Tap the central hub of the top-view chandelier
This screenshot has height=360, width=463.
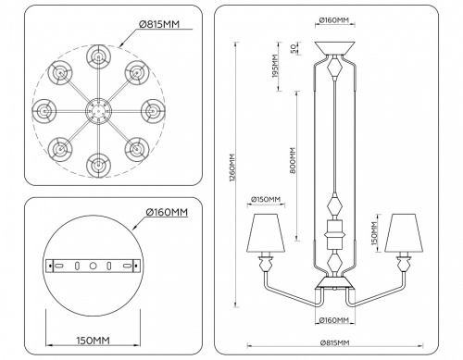(x=96, y=111)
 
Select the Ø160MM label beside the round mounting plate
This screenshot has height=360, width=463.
(x=167, y=213)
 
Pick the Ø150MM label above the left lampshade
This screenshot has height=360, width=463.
(x=268, y=200)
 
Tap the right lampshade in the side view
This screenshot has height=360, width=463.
(x=401, y=234)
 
